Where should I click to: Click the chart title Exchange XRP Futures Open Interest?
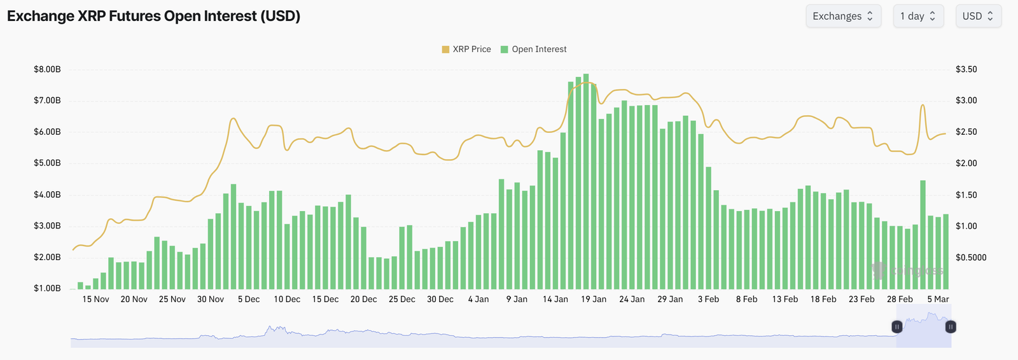click(x=153, y=16)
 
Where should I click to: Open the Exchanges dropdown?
click(x=843, y=17)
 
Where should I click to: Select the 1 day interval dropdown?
click(x=917, y=17)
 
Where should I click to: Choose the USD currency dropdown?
click(x=978, y=17)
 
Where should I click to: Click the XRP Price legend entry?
click(x=466, y=49)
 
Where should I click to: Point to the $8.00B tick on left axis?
click(x=47, y=69)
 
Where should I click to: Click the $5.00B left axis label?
click(x=47, y=163)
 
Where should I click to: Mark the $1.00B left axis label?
click(x=47, y=288)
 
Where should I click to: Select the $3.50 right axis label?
click(x=966, y=69)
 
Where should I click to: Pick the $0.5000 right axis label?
click(x=971, y=257)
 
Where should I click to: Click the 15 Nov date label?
click(x=95, y=299)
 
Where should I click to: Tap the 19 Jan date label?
click(x=594, y=299)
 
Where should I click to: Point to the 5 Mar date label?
click(x=938, y=299)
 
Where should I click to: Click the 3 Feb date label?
click(x=708, y=299)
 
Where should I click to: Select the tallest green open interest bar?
click(x=586, y=181)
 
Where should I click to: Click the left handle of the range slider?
click(x=896, y=327)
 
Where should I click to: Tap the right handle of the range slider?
click(x=951, y=327)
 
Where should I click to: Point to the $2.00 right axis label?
click(x=966, y=163)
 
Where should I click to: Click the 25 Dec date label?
click(x=401, y=299)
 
